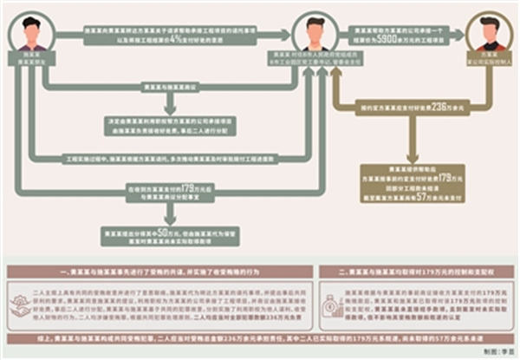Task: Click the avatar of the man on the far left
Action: [32, 32]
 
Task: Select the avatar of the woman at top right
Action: [489, 32]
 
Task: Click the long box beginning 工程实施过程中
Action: [174, 160]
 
